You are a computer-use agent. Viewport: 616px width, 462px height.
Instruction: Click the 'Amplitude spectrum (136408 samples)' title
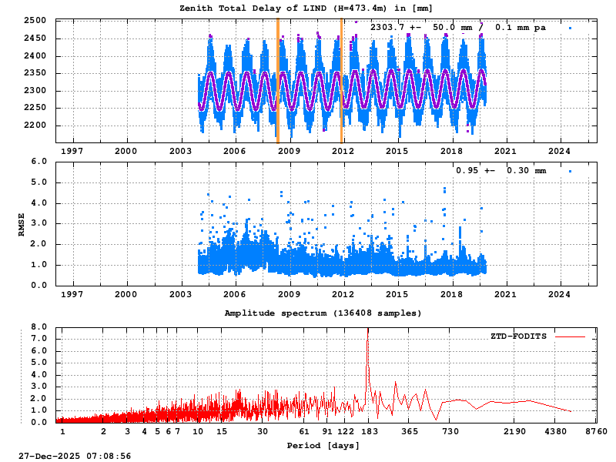pyautogui.click(x=323, y=313)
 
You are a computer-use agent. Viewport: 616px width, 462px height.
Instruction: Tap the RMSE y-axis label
pyautogui.click(x=22, y=223)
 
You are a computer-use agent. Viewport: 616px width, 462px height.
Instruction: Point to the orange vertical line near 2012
pyautogui.click(x=341, y=81)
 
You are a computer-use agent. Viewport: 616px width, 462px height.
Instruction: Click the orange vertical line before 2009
pyautogui.click(x=278, y=81)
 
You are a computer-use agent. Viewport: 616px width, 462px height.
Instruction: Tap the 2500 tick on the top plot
pyautogui.click(x=35, y=21)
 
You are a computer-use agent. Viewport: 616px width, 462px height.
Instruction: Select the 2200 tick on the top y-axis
pyautogui.click(x=35, y=126)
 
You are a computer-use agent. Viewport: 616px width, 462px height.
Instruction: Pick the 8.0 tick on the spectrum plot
pyautogui.click(x=39, y=326)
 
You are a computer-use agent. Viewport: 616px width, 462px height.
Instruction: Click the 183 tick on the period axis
pyautogui.click(x=368, y=431)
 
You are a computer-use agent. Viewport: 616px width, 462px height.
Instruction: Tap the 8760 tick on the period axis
pyautogui.click(x=597, y=431)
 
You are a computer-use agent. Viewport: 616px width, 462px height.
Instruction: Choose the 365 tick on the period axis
pyautogui.click(x=410, y=431)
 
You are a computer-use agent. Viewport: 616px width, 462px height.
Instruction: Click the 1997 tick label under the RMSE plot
pyautogui.click(x=72, y=294)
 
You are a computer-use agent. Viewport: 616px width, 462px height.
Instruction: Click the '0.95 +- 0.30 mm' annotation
pyautogui.click(x=500, y=171)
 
